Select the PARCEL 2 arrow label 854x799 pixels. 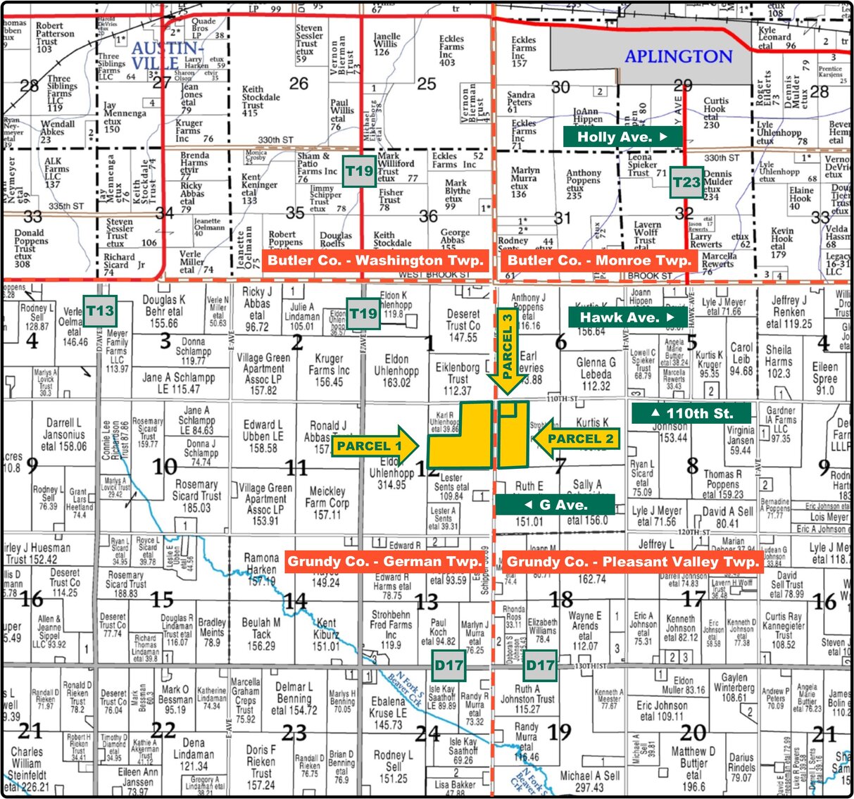[576, 439]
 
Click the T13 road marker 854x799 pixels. [100, 310]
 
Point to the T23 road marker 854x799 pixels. [686, 183]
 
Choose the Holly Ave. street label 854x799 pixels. [622, 137]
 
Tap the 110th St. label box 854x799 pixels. [691, 413]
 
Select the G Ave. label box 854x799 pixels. [555, 505]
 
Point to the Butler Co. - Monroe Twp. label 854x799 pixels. [599, 260]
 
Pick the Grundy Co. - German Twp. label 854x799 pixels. [385, 562]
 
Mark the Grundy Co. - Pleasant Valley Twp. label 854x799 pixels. [632, 562]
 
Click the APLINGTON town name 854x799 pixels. [679, 56]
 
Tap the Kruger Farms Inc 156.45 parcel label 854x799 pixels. [329, 370]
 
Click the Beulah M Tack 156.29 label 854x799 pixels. [261, 634]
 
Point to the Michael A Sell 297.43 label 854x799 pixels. [590, 781]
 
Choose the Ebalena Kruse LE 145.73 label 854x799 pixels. [388, 712]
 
